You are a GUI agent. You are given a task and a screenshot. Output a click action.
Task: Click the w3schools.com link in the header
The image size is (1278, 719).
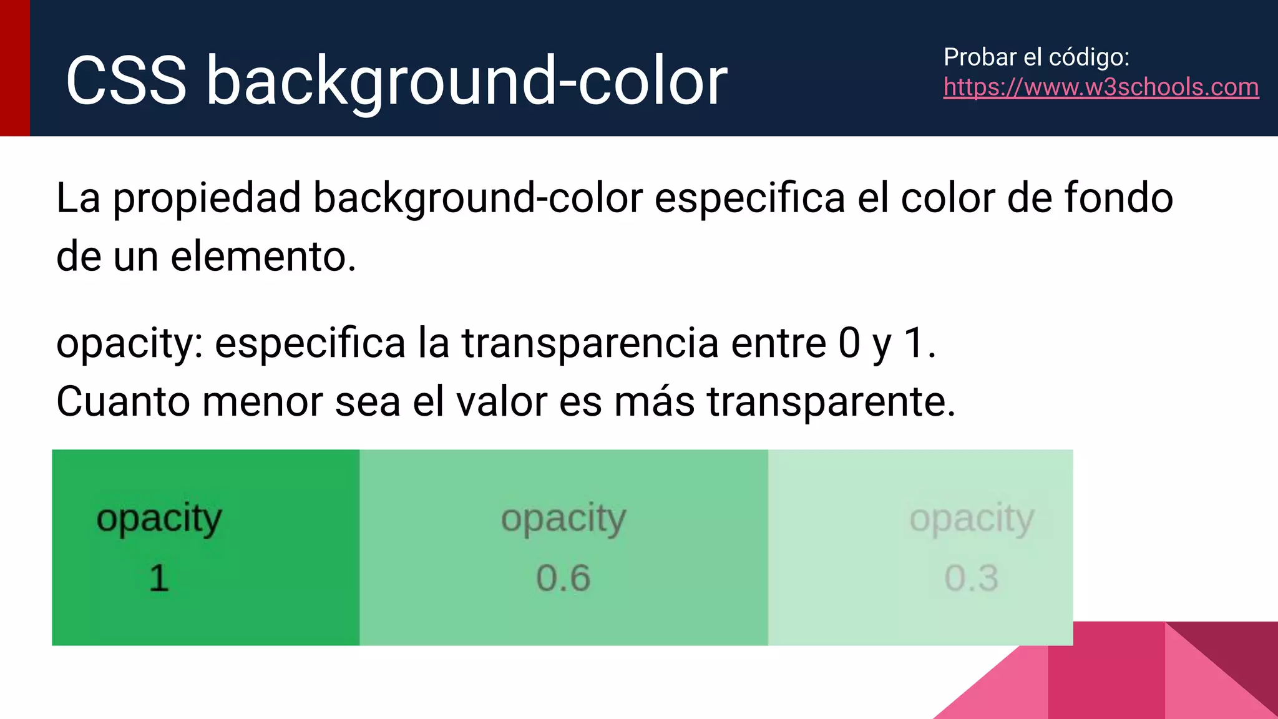click(1101, 87)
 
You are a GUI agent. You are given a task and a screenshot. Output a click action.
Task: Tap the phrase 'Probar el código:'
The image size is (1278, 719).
click(1037, 57)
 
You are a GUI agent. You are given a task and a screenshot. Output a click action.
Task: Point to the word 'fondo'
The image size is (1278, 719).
click(1118, 198)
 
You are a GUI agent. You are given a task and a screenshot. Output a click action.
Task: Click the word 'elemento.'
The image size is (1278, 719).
click(263, 257)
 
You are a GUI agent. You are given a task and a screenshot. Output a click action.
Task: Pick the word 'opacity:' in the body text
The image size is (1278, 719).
click(130, 345)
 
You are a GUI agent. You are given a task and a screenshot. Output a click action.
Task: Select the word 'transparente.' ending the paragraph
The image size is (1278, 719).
click(831, 403)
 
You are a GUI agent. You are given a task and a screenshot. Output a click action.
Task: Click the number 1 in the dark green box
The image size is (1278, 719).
click(159, 578)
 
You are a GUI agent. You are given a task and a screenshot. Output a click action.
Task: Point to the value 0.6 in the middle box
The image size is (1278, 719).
click(563, 578)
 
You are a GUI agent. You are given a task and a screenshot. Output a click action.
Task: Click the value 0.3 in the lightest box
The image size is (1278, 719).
click(971, 578)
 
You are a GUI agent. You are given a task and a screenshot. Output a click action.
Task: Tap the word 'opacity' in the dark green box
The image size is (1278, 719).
click(159, 519)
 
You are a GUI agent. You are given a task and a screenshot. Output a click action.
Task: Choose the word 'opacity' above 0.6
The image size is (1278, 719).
click(563, 519)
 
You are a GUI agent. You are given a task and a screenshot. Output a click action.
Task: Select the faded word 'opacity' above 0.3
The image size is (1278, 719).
click(971, 519)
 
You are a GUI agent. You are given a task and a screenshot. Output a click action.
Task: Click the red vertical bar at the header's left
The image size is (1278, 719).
click(15, 67)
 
